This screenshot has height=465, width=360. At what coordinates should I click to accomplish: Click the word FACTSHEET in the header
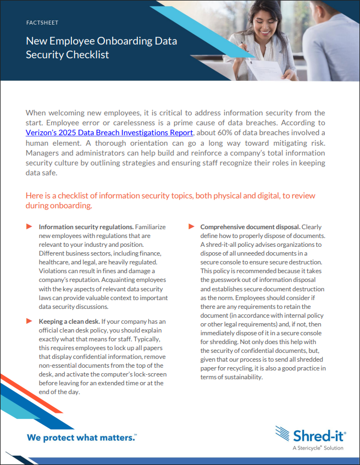(x=42, y=23)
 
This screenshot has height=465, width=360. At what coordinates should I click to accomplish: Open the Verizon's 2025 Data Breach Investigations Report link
(x=109, y=132)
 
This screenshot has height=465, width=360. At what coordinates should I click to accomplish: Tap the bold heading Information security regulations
(x=86, y=227)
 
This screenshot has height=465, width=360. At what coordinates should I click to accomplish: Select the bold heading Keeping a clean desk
(x=69, y=321)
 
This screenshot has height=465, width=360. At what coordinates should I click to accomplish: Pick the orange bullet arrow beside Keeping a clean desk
(x=29, y=321)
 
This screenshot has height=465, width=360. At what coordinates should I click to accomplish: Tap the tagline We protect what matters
(x=81, y=438)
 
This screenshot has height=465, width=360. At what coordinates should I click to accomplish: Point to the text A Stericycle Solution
(x=318, y=448)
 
